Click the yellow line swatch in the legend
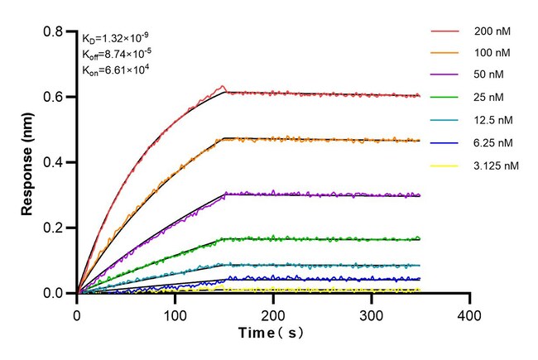pos(444,166)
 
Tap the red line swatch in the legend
pos(444,31)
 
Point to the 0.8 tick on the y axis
pos(55,31)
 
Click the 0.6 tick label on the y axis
pos(55,97)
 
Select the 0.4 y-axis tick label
pos(55,162)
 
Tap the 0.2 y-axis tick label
pos(55,228)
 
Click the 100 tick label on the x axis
pos(175,315)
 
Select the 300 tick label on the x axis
pos(372,315)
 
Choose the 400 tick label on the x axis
pos(470,315)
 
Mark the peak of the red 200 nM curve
pos(221,85)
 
